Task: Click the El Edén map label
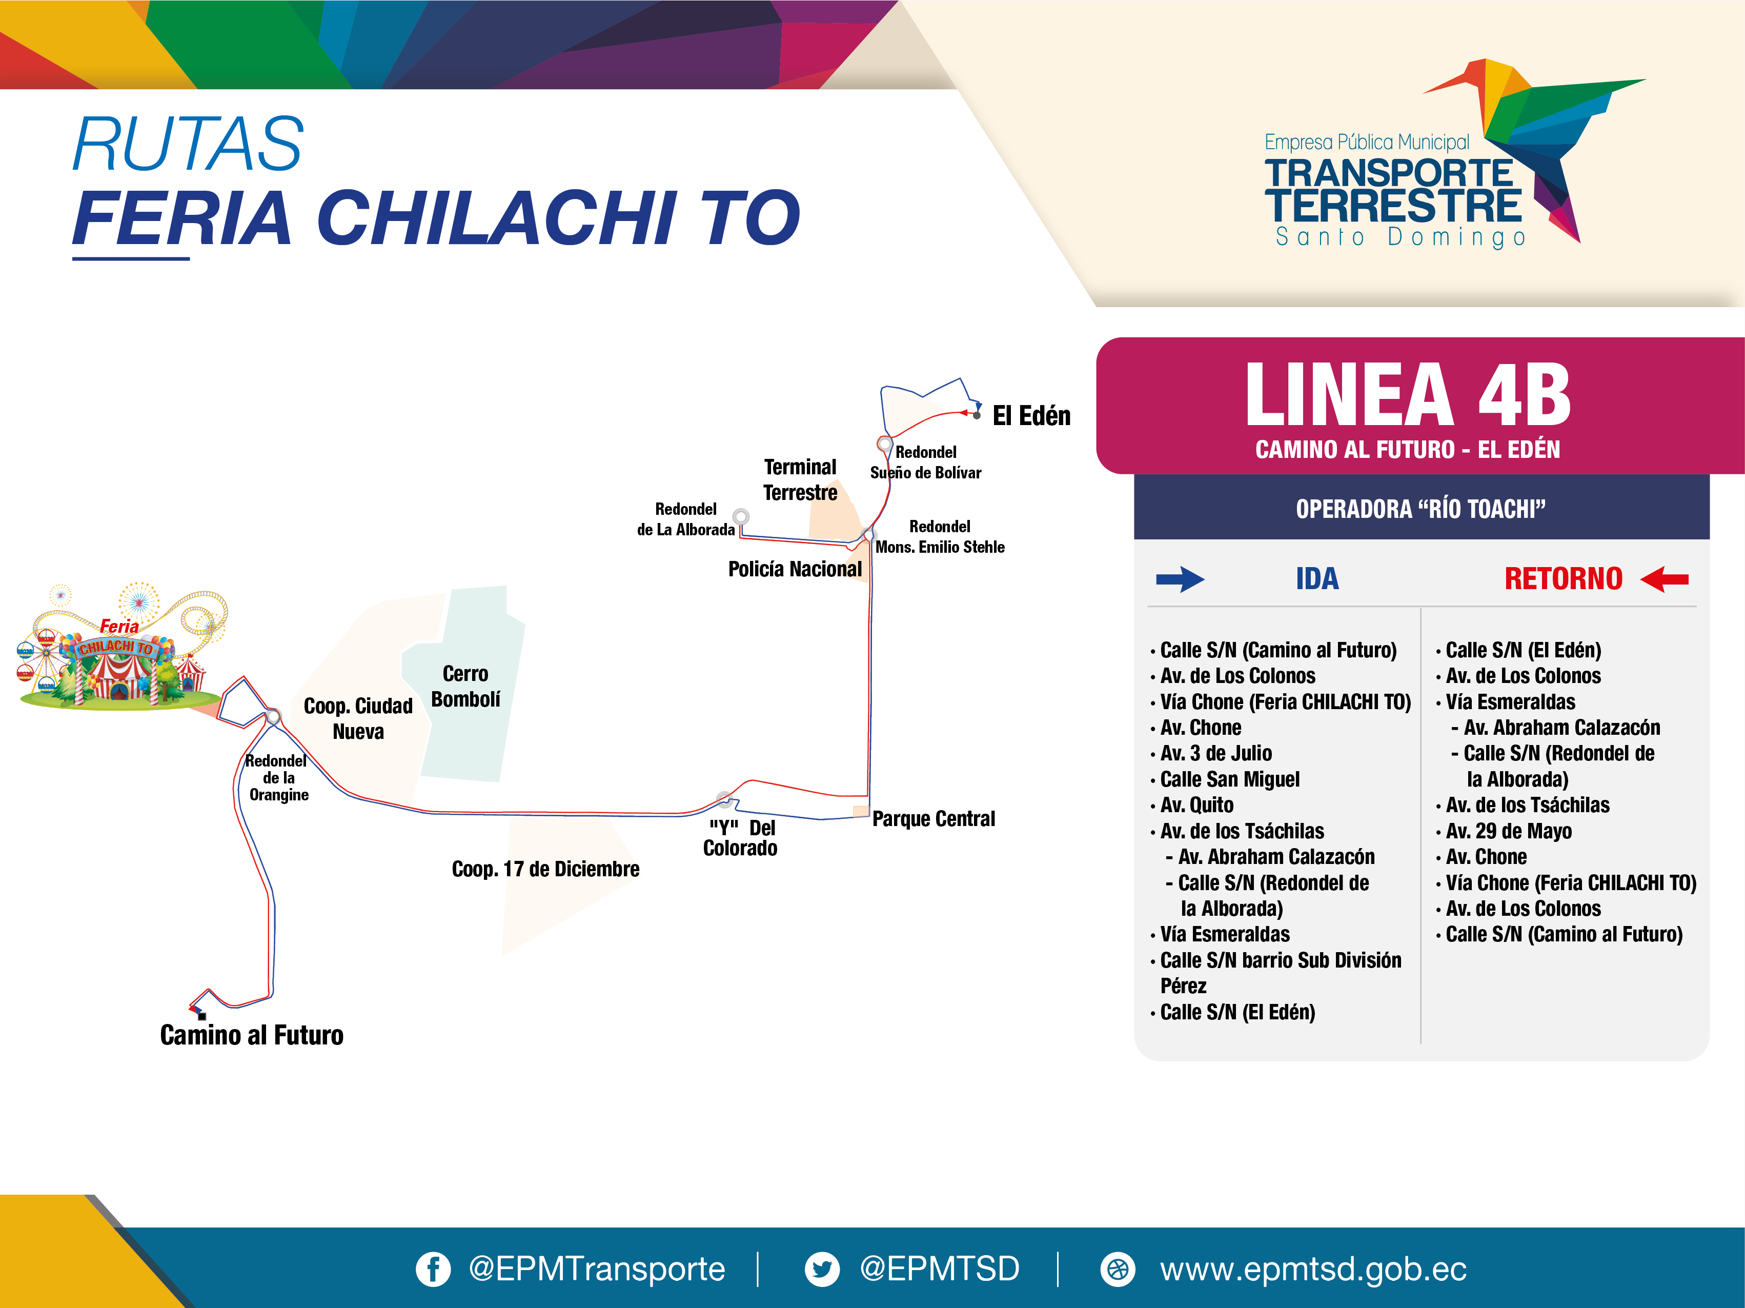(1031, 416)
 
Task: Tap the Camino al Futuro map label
(252, 1034)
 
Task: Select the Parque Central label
(933, 818)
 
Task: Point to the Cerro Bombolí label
(465, 687)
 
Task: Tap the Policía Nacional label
(795, 569)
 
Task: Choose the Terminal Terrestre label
(800, 479)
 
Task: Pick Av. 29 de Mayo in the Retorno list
(1508, 831)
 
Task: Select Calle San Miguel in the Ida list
(1230, 779)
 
